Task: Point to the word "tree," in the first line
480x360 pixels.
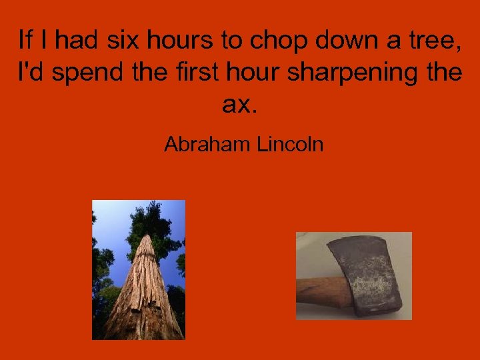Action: pos(429,41)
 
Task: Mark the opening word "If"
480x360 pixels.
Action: pos(25,41)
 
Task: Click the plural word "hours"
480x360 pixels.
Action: pos(175,41)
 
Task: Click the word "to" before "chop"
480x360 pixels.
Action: pos(231,41)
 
